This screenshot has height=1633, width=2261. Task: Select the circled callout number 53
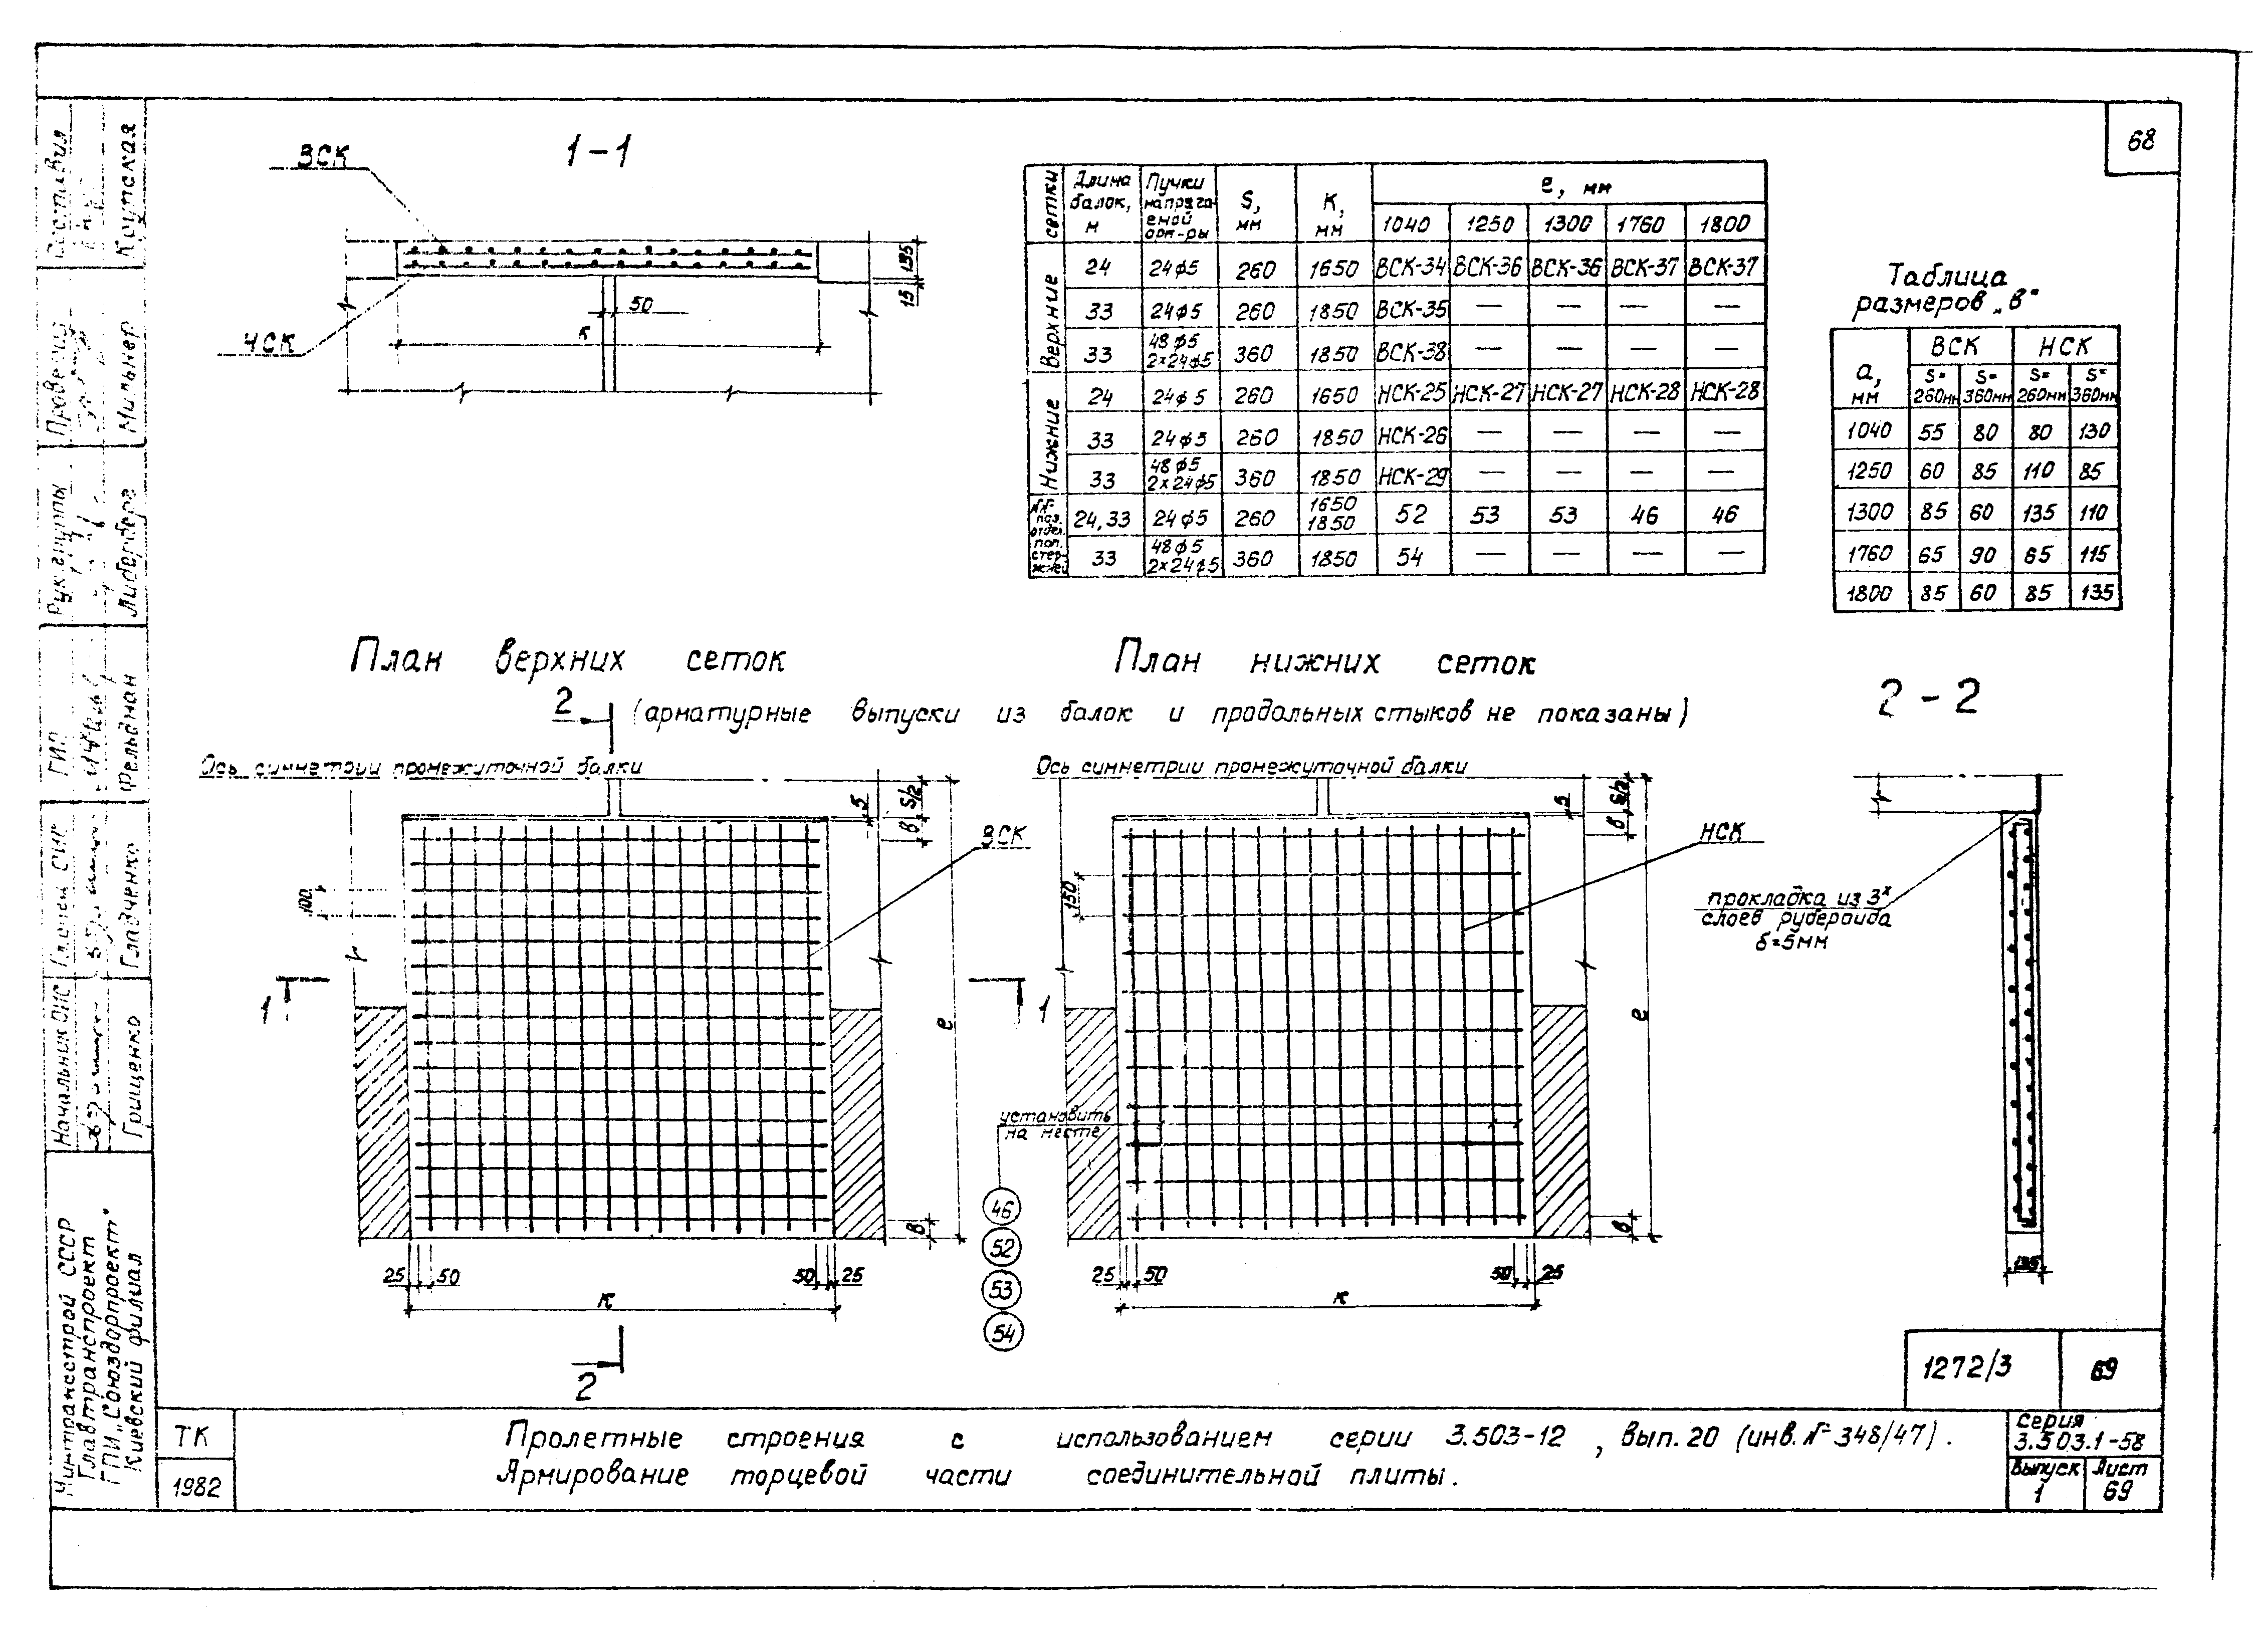point(1002,1290)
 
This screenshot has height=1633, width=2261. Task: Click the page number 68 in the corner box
point(2140,142)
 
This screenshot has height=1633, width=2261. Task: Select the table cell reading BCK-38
point(1411,352)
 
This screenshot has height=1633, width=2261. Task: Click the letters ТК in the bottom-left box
point(192,1437)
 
